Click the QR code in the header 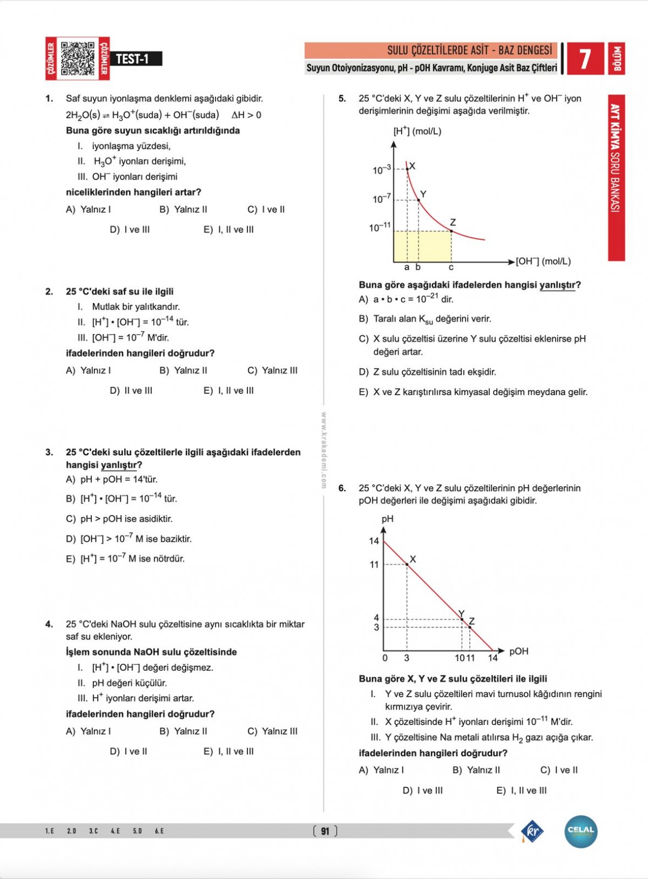[x=78, y=58]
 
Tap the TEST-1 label [x=133, y=59]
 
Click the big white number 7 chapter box [x=585, y=59]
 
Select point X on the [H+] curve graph [x=408, y=169]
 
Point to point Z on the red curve [x=451, y=231]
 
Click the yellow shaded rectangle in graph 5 [x=422, y=246]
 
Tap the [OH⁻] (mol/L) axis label [x=543, y=262]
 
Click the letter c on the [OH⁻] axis [x=451, y=268]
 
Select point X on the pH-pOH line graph [x=407, y=564]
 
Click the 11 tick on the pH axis [x=374, y=564]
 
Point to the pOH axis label [x=518, y=651]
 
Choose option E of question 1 [x=228, y=230]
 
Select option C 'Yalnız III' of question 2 [x=273, y=371]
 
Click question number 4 [x=49, y=624]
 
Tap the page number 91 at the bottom [x=325, y=831]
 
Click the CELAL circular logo [x=581, y=831]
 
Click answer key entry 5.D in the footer [x=137, y=831]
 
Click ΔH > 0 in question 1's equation [x=246, y=115]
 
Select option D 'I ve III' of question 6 [x=423, y=791]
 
